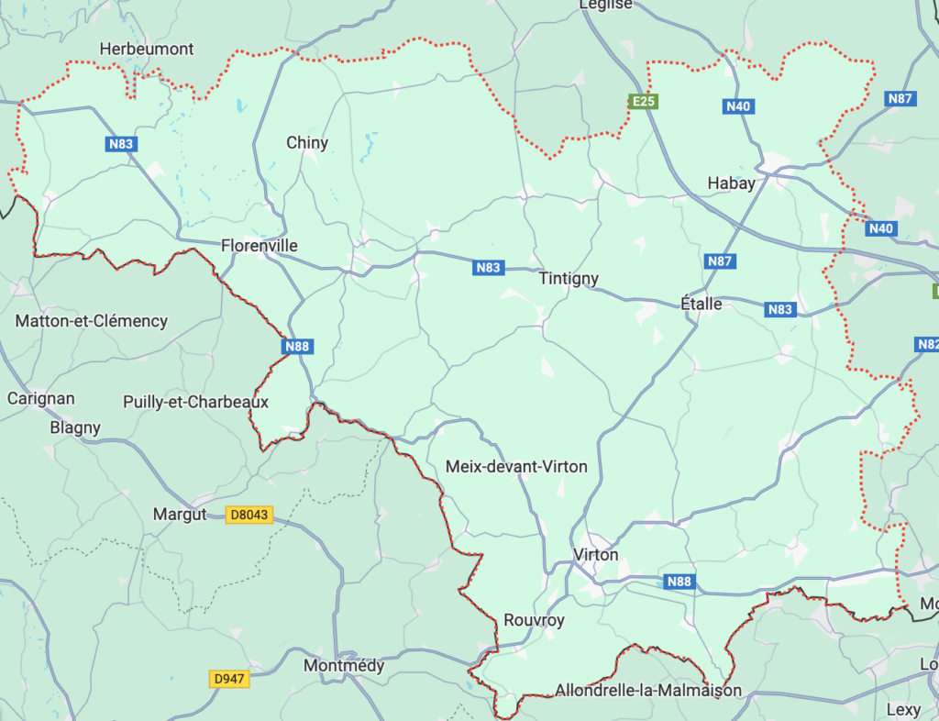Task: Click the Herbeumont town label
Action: (147, 49)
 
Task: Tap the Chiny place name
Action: (307, 143)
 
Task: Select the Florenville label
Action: (260, 246)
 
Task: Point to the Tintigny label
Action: (569, 279)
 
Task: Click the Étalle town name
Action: (701, 304)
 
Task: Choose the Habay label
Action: (732, 183)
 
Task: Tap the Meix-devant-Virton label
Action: (516, 467)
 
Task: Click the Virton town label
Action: (595, 555)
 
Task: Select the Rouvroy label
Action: (534, 621)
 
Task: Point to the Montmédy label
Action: (343, 666)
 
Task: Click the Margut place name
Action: (180, 516)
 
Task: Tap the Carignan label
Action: (41, 399)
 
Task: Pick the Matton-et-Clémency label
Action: (92, 321)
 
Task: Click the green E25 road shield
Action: (643, 101)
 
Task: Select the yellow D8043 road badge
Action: (249, 516)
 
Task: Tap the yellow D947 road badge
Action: (229, 679)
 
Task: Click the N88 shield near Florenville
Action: (297, 346)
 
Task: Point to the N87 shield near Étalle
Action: (721, 261)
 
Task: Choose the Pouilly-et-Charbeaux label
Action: (195, 402)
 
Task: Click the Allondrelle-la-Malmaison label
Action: (648, 691)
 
